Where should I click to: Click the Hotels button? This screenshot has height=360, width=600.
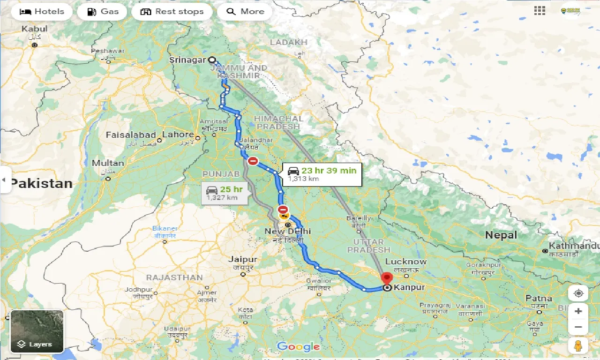coord(42,11)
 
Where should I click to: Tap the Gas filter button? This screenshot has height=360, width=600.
coord(102,11)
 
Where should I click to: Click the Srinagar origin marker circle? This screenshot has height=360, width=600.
coord(212,60)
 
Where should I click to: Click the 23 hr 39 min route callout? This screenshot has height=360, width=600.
coord(322,174)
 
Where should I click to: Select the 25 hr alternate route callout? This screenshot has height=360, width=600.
coord(225,193)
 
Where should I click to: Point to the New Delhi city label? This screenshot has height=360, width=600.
coord(287,232)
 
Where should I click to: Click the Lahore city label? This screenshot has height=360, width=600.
coord(178,135)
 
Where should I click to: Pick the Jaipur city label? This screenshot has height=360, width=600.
coord(242,259)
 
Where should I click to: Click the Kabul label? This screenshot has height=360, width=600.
coord(34,29)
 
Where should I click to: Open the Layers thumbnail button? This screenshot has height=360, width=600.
coord(37,331)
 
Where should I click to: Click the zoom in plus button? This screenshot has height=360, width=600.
coord(578,311)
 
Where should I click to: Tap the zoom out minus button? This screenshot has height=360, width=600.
coord(578,327)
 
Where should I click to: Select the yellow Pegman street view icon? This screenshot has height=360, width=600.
coord(578,346)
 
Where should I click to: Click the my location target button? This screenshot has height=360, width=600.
coord(578,293)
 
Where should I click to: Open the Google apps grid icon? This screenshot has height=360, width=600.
coord(540,11)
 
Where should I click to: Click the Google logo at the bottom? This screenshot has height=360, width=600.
coord(298,347)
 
